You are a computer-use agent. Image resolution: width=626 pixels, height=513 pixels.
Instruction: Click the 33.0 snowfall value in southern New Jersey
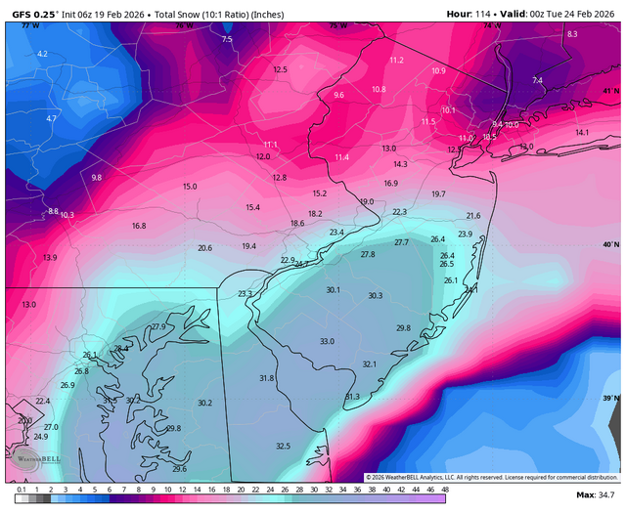point(327,341)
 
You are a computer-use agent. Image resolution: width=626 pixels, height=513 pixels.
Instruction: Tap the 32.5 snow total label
point(283,446)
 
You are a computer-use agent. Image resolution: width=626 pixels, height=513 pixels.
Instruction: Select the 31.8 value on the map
point(266,377)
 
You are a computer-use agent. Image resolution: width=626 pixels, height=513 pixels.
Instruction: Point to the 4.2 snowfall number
point(42,54)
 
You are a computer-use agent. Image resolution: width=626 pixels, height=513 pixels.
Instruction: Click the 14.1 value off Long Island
point(582,132)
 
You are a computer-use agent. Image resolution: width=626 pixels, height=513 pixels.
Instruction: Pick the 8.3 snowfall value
point(572,34)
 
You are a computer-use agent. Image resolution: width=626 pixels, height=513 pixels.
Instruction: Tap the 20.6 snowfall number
point(204,248)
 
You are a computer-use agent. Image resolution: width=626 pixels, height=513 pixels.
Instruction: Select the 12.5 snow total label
point(281,69)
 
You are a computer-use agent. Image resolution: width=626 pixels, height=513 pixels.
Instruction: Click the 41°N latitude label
point(611,91)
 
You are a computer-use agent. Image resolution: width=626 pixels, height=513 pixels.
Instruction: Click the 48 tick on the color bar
point(445,488)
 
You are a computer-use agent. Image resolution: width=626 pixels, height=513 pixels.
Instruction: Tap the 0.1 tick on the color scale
point(22,488)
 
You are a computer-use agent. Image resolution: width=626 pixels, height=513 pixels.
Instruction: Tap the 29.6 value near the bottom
point(179,469)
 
